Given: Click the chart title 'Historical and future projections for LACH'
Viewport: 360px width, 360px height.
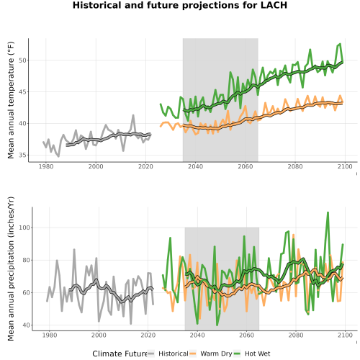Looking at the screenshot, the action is (x=180, y=5).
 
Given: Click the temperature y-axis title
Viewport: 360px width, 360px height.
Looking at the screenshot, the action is (x=11, y=100).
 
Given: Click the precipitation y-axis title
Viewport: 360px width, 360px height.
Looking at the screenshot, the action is (x=11, y=269).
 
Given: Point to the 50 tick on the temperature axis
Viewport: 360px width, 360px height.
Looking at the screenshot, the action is (x=22, y=60).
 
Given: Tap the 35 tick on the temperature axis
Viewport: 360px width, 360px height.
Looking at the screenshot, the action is (x=22, y=155).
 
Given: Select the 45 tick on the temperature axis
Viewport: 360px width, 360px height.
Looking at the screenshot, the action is (x=22, y=92).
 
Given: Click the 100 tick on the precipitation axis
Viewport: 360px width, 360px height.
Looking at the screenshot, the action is (x=24, y=228).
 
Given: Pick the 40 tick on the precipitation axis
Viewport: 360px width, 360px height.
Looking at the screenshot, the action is (x=27, y=325).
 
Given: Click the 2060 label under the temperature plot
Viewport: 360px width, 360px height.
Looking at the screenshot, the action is (x=246, y=166).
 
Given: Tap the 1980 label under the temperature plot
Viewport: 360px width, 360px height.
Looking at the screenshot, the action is (x=46, y=166).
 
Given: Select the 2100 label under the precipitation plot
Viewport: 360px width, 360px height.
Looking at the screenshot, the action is (x=345, y=335).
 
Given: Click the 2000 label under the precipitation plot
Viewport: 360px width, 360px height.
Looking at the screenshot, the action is (x=99, y=335).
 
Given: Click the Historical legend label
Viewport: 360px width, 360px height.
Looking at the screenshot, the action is (x=174, y=354).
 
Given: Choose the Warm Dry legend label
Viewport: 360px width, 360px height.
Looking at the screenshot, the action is (x=216, y=354).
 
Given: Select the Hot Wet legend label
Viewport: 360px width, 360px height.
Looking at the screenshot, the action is (x=258, y=354).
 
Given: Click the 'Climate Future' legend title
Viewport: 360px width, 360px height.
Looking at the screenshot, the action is (x=120, y=354).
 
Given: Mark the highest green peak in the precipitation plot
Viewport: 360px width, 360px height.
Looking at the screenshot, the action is (x=328, y=212).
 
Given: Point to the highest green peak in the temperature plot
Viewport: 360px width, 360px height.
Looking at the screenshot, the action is (x=340, y=44).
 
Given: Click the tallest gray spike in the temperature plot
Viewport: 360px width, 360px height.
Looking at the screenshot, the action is (x=133, y=115).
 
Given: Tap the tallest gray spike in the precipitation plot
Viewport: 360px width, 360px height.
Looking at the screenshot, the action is (x=74, y=249).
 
